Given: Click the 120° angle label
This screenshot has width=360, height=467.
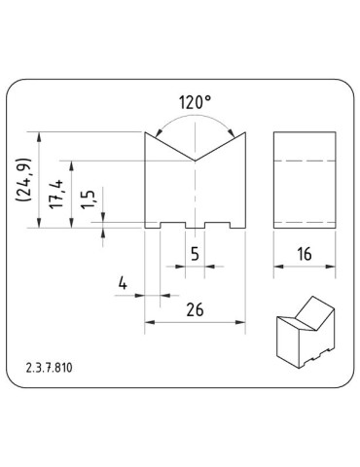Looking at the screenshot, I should (x=195, y=101).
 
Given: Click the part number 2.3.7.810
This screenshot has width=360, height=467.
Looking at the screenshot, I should (x=51, y=369).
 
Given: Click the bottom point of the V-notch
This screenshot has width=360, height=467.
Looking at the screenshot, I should (x=194, y=160).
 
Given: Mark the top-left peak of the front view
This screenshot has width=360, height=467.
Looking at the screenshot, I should (x=146, y=132).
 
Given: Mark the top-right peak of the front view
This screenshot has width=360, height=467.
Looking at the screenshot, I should (x=242, y=132).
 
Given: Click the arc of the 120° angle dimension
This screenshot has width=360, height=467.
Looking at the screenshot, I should (x=195, y=116).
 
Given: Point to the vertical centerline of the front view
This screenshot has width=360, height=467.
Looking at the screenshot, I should (x=194, y=195).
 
